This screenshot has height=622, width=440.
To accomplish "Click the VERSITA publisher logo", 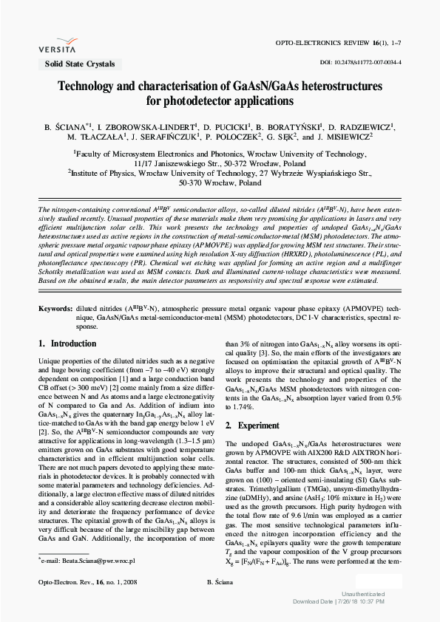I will click(61, 42).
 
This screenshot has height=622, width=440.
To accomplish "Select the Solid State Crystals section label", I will click(75, 64).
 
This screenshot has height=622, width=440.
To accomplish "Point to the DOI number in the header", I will click(360, 64).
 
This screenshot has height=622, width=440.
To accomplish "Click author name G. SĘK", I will click(283, 137).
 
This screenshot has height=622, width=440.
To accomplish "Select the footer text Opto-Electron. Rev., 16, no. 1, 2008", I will click(81, 583).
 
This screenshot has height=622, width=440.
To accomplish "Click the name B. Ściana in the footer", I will click(220, 583).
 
